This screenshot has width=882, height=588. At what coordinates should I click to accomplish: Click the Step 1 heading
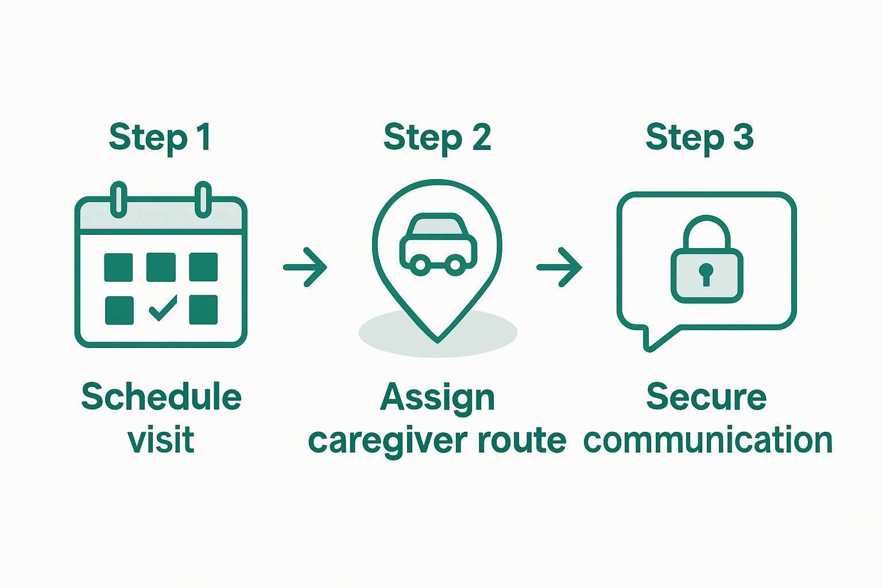click(160, 138)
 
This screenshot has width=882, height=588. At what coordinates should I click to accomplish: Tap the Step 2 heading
click(437, 138)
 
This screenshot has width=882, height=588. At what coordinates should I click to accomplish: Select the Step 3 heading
click(699, 138)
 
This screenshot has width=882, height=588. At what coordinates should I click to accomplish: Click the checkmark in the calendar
click(163, 308)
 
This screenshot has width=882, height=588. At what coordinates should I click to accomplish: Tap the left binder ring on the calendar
click(118, 199)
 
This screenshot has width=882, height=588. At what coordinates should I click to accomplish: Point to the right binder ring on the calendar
click(203, 199)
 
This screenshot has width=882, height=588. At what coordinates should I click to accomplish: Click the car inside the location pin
click(438, 244)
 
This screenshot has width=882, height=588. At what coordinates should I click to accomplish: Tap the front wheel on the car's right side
click(456, 264)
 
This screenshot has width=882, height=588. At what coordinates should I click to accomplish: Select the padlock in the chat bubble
click(706, 261)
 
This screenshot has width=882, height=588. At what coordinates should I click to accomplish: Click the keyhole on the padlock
click(706, 273)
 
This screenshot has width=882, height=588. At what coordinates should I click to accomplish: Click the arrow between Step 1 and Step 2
click(305, 267)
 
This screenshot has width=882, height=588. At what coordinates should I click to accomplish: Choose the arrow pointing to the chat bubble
click(559, 267)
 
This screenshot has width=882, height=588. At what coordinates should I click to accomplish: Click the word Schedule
click(161, 397)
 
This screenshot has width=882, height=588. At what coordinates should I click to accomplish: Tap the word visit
click(161, 440)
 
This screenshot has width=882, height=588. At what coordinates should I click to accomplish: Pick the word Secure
click(706, 397)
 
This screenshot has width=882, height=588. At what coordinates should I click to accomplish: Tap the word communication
click(707, 440)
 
